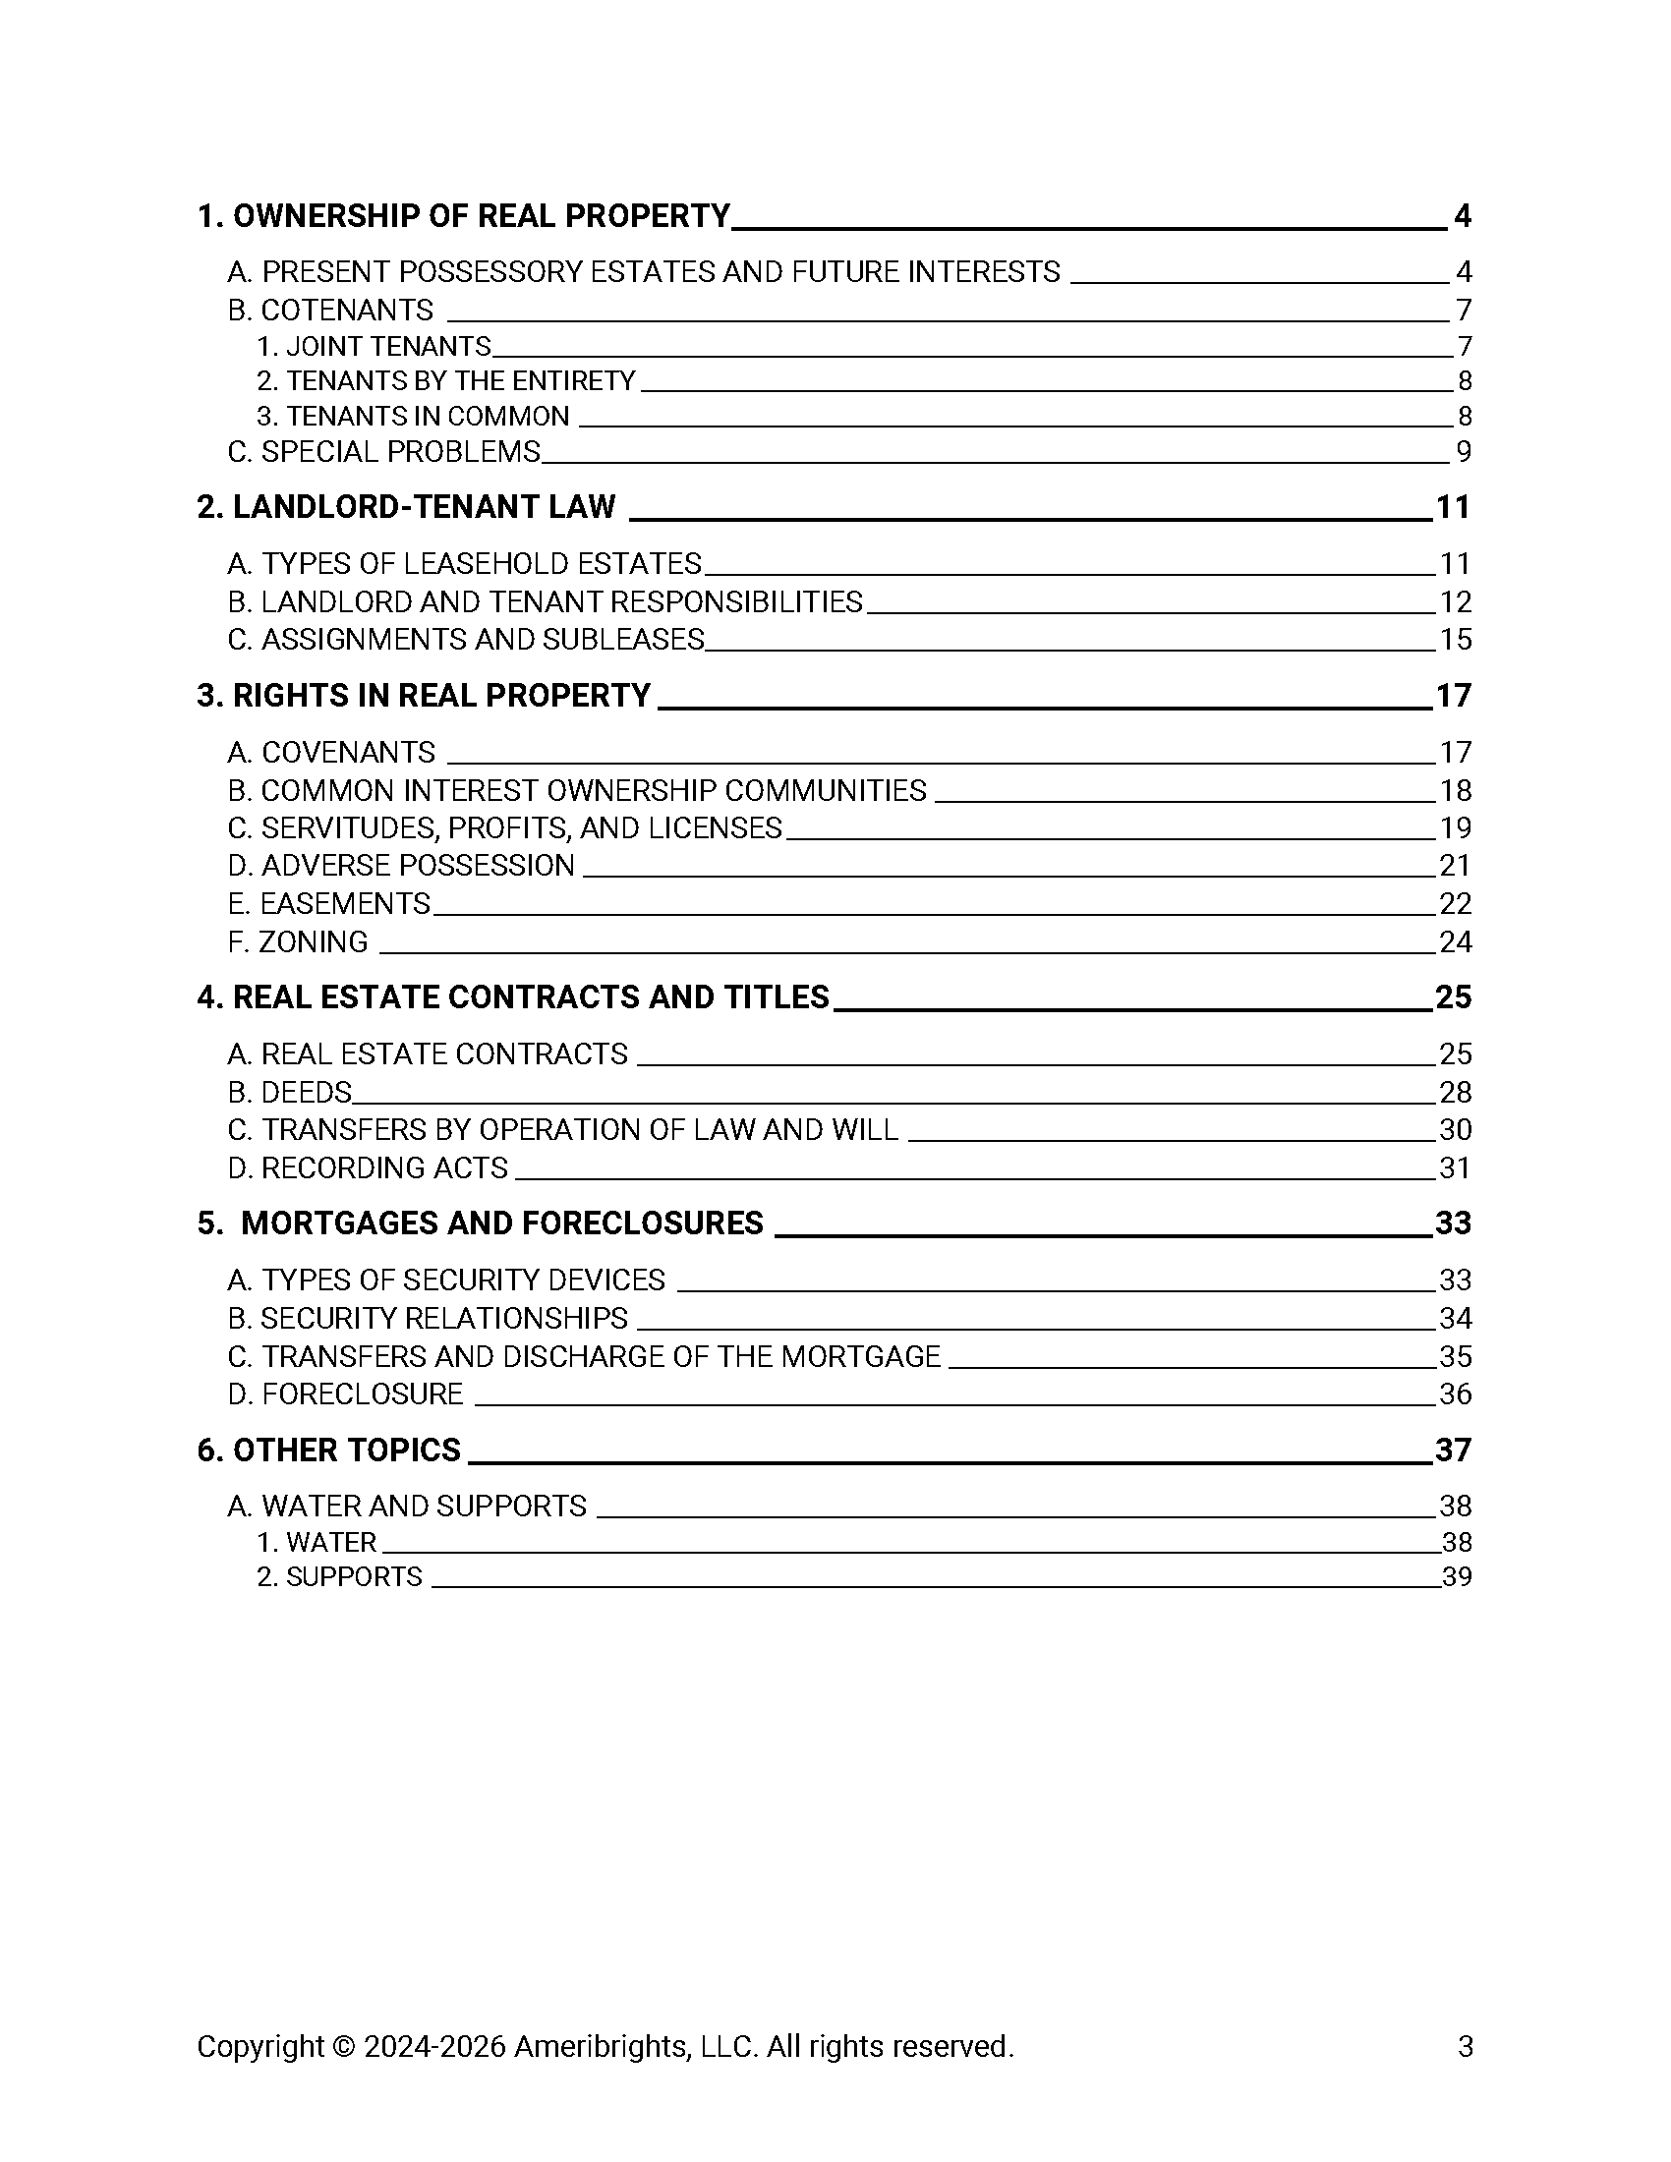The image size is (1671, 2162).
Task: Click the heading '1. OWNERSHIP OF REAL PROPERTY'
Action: pyautogui.click(x=463, y=216)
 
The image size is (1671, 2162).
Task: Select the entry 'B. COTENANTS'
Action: pyautogui.click(x=330, y=311)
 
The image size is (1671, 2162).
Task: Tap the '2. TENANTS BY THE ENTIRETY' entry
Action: pyautogui.click(x=445, y=381)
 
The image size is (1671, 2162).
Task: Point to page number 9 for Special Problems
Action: pyautogui.click(x=1464, y=452)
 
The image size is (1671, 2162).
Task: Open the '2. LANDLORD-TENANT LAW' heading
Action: pyautogui.click(x=406, y=507)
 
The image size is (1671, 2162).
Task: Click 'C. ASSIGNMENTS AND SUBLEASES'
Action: pyautogui.click(x=465, y=640)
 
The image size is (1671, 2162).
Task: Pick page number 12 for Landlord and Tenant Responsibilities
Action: pyautogui.click(x=1455, y=601)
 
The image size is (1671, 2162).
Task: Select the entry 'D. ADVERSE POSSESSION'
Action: pyautogui.click(x=401, y=866)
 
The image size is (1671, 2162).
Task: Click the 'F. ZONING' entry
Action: pyautogui.click(x=298, y=941)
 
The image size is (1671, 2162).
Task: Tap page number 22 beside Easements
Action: pyautogui.click(x=1455, y=904)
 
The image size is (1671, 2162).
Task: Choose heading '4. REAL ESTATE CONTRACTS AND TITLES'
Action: pyautogui.click(x=513, y=996)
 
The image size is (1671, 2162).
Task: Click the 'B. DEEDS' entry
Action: pyautogui.click(x=290, y=1093)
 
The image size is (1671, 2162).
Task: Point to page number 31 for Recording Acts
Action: pyautogui.click(x=1455, y=1168)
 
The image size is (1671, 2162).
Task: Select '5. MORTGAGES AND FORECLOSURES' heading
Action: pyautogui.click(x=480, y=1223)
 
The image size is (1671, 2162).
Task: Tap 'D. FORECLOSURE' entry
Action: pyautogui.click(x=345, y=1394)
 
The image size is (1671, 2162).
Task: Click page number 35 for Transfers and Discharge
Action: pyautogui.click(x=1455, y=1356)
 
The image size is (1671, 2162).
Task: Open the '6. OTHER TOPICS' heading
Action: pyautogui.click(x=328, y=1451)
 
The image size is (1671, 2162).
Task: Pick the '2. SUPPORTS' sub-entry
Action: pyautogui.click(x=339, y=1577)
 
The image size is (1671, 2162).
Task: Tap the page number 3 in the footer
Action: pyautogui.click(x=1466, y=2046)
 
